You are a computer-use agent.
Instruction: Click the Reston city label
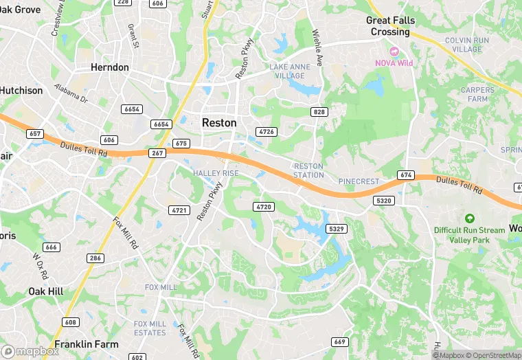(219, 122)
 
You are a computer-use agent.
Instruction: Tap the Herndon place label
(110, 67)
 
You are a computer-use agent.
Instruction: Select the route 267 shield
(157, 153)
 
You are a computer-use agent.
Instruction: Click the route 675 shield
(181, 143)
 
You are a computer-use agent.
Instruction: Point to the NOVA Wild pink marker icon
(394, 52)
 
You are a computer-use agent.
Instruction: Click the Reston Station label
(308, 170)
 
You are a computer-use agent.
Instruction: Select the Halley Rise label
(216, 173)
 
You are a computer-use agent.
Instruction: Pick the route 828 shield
(319, 112)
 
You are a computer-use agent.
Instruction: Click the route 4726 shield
(266, 131)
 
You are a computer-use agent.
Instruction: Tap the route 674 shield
(406, 175)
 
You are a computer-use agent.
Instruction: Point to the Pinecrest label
(359, 181)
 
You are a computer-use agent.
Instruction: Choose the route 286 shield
(95, 258)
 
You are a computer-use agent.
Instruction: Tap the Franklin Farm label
(87, 344)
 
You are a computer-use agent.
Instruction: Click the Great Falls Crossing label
(390, 26)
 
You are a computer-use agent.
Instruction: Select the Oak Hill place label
(45, 291)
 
